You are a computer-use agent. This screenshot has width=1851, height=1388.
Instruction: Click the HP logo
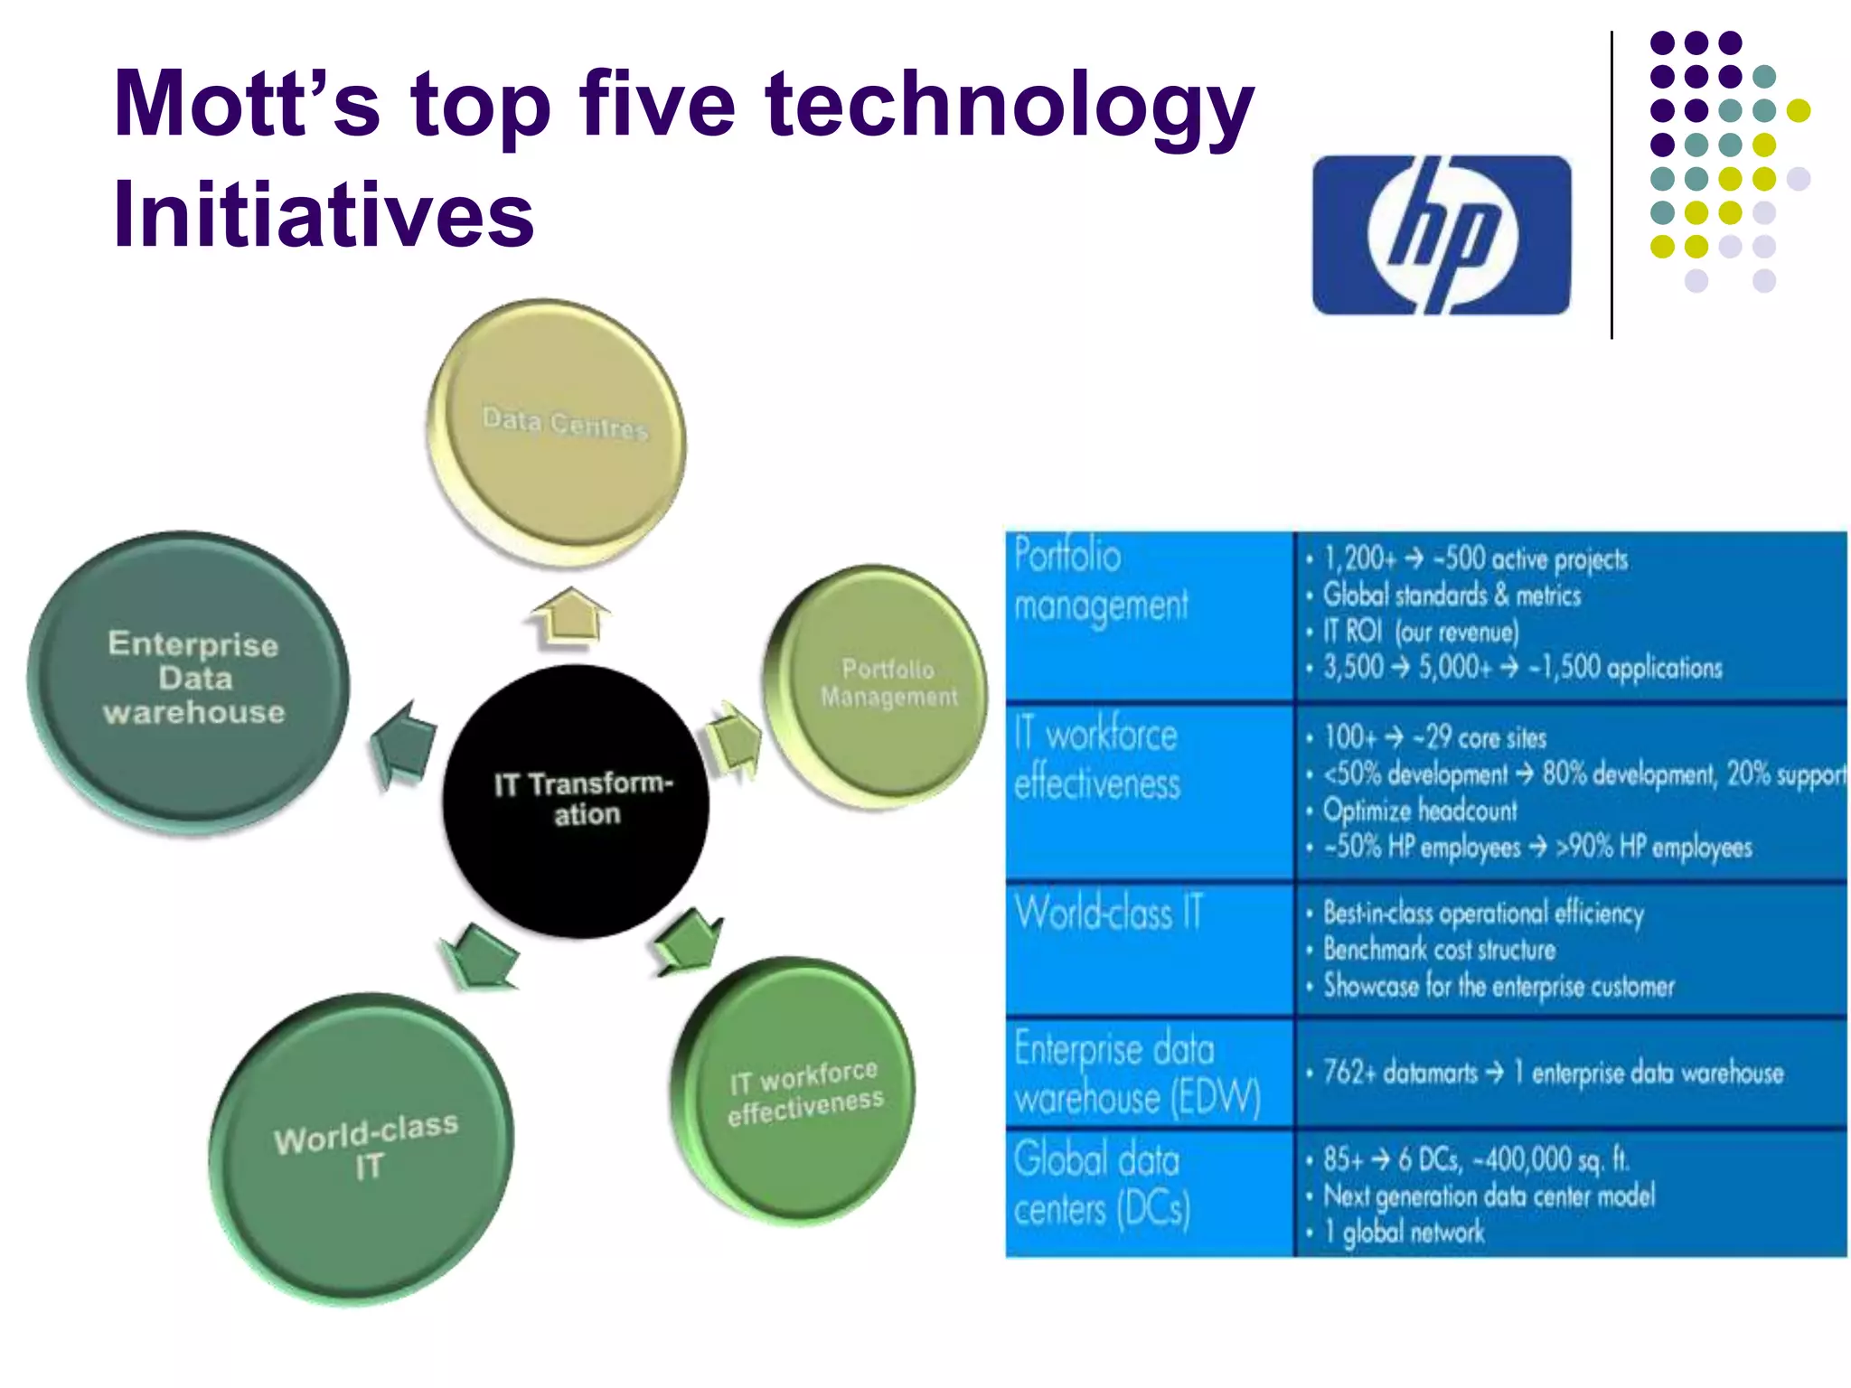1442,235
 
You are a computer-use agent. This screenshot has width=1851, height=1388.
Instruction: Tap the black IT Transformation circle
576,801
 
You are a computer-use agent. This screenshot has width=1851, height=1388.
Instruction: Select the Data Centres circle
557,431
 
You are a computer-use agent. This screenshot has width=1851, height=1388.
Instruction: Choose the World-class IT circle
362,1148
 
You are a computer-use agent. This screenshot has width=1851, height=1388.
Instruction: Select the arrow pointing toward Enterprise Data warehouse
403,745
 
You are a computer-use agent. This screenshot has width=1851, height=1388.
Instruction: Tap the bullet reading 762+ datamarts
1553,1073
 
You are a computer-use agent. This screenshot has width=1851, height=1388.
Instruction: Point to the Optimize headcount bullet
1420,811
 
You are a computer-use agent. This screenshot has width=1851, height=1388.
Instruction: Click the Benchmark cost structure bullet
1439,950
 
